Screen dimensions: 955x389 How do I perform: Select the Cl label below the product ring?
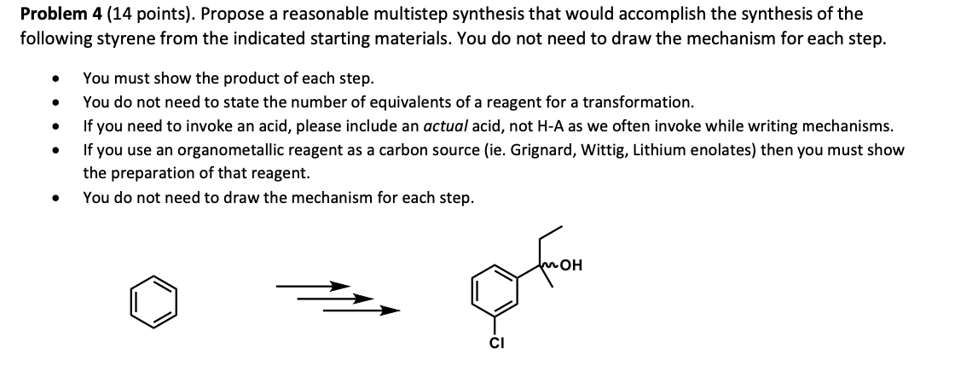pyautogui.click(x=496, y=345)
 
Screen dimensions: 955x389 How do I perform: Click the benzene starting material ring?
pyautogui.click(x=153, y=304)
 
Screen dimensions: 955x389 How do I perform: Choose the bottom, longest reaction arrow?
pyautogui.click(x=362, y=311)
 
